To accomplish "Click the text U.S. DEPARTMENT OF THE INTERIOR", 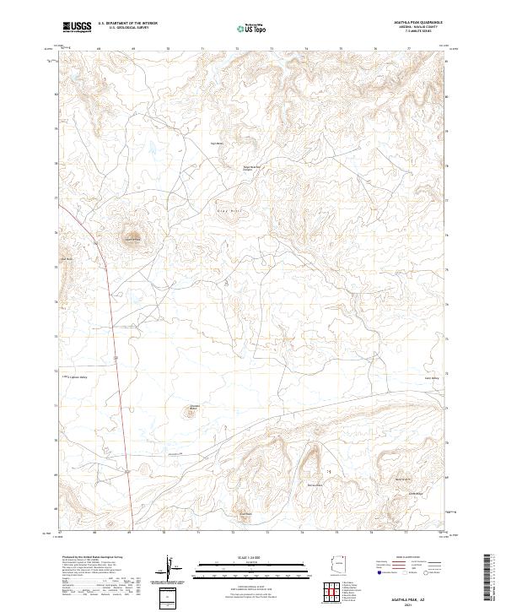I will (127, 24).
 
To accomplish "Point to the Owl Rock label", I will (67, 257).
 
